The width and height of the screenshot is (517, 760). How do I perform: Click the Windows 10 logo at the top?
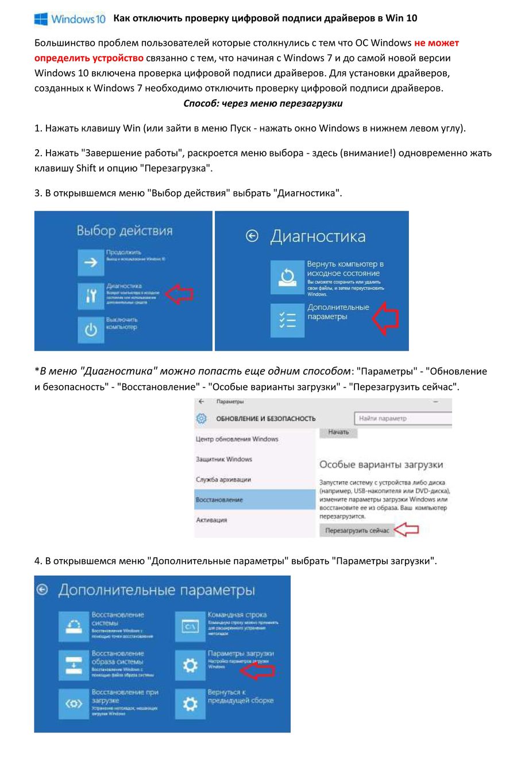[x=70, y=19]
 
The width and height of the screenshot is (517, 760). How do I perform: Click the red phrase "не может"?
[x=436, y=42]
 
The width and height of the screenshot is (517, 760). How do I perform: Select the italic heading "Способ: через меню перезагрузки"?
[x=263, y=103]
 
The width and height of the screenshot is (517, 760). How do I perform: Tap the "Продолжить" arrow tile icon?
[x=91, y=262]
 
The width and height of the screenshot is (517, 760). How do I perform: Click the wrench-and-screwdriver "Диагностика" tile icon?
[x=91, y=296]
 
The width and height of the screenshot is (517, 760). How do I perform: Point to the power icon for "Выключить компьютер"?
[x=91, y=329]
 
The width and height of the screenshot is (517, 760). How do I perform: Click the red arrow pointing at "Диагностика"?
[x=179, y=294]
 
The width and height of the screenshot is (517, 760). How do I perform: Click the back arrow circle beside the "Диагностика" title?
[x=252, y=235]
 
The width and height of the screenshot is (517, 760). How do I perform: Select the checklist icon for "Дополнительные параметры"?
[x=287, y=320]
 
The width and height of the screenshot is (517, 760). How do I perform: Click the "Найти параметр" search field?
[x=402, y=418]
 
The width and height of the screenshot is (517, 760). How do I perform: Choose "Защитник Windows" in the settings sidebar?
[x=224, y=459]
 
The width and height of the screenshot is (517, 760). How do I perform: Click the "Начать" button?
[x=339, y=432]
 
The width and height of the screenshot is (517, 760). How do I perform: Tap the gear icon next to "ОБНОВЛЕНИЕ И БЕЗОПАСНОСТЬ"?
[x=202, y=418]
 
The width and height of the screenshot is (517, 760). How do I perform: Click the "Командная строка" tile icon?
[x=190, y=626]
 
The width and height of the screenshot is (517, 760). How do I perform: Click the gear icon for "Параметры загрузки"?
[x=190, y=665]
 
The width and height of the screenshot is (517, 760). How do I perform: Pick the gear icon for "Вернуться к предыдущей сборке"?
[x=190, y=704]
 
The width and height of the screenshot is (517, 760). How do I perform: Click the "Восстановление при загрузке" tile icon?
[x=74, y=704]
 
